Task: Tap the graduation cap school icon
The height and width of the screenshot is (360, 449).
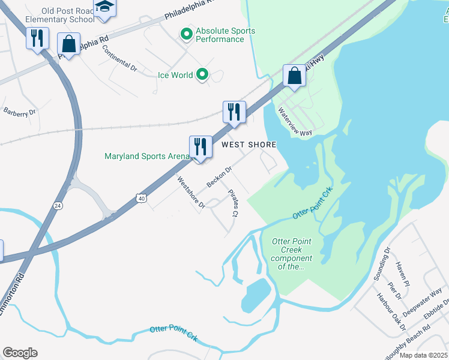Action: [104, 7]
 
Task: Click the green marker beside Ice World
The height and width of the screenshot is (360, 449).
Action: [203, 75]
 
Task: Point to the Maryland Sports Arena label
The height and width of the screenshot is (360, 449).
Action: [146, 157]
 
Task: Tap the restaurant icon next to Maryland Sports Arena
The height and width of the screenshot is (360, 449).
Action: [200, 146]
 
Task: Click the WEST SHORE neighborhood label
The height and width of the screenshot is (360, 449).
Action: [249, 145]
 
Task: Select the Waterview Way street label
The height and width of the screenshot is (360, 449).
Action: [295, 122]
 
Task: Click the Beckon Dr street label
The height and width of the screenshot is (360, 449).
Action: [218, 176]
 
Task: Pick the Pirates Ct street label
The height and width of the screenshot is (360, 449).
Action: [234, 203]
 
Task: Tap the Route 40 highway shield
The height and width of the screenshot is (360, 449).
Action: [140, 197]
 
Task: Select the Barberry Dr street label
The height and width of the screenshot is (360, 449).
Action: [20, 112]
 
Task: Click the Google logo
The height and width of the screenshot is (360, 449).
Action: [20, 353]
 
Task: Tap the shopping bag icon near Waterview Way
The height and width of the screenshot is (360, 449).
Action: [294, 76]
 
